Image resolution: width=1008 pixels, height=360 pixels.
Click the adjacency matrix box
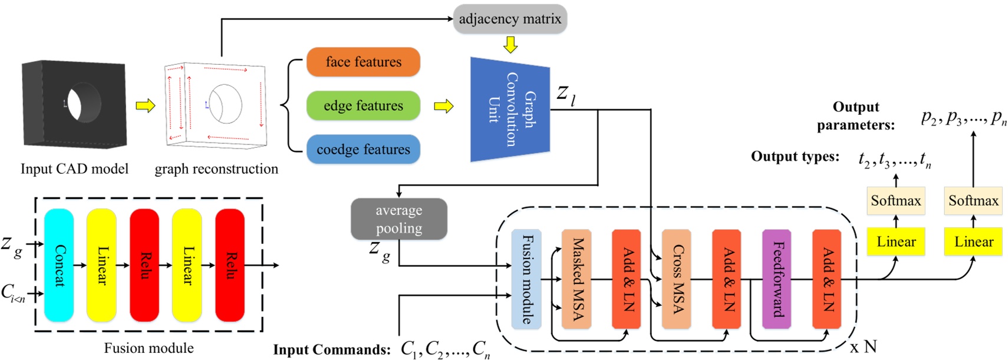click(509, 19)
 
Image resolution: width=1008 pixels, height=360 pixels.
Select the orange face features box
click(363, 62)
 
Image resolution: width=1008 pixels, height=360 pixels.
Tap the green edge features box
click(363, 106)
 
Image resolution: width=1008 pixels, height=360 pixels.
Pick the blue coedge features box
click(363, 150)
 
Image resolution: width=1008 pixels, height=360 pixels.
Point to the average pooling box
click(399, 219)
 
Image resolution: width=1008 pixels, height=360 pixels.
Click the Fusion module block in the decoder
click(526, 279)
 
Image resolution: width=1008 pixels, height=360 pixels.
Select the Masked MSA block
click(577, 279)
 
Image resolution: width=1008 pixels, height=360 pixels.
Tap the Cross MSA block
click(676, 279)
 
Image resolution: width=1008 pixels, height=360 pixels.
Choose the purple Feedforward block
click(776, 279)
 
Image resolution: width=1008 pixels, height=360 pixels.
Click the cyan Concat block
click(59, 265)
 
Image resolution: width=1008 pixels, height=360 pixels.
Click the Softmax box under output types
click(895, 201)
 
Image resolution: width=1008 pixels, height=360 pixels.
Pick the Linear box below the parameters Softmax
click(973, 242)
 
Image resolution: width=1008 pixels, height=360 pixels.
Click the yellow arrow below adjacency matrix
click(510, 45)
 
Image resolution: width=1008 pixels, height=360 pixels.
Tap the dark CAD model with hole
click(74, 104)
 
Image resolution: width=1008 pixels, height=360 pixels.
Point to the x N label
click(864, 346)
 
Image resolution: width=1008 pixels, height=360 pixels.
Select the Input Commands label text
click(331, 350)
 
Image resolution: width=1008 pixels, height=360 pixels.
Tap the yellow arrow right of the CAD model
click(145, 106)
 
